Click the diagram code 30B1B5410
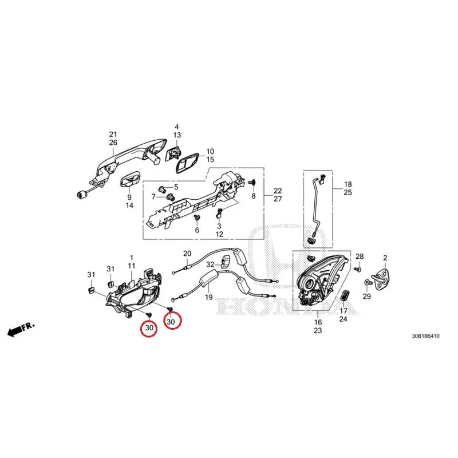click(425, 336)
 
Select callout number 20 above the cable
click(187, 254)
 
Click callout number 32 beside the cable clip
click(210, 264)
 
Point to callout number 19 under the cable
click(208, 297)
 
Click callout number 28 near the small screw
click(360, 256)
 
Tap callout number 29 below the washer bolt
click(367, 296)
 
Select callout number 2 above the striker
click(385, 258)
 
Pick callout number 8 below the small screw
click(254, 196)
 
